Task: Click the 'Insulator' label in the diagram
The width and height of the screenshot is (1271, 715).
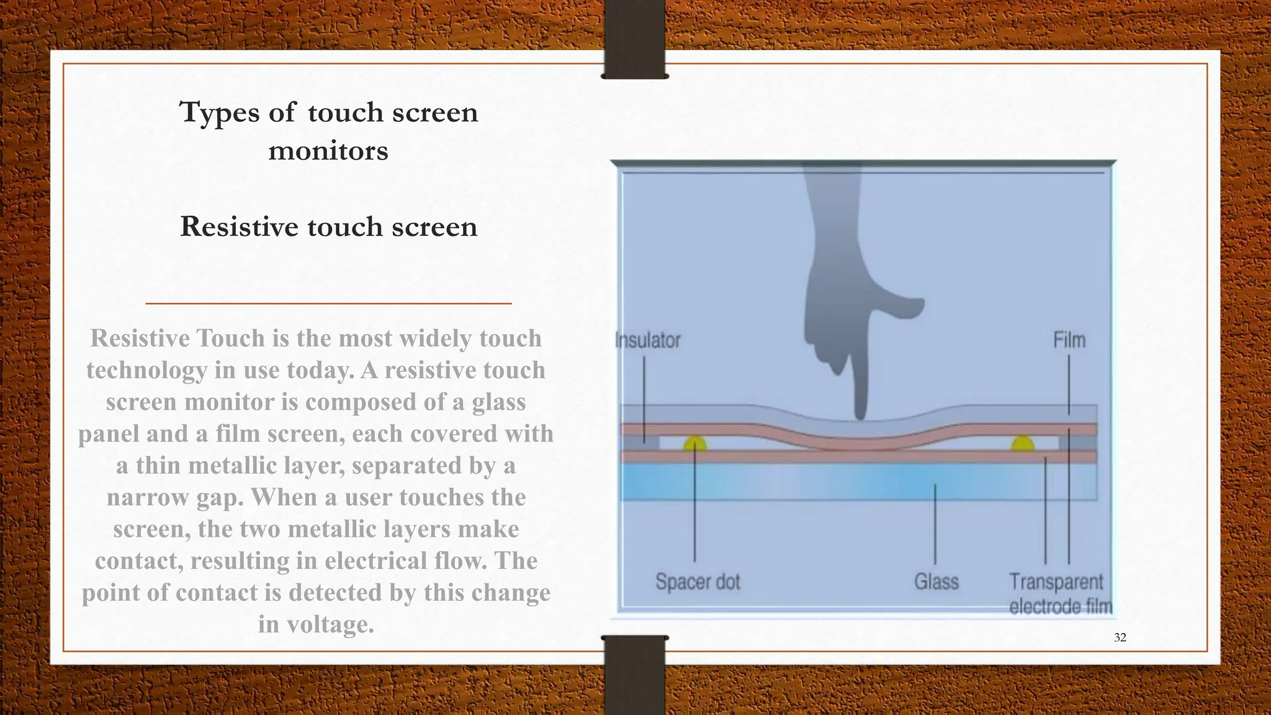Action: pos(647,340)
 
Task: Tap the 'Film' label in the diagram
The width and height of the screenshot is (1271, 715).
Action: pos(1069,340)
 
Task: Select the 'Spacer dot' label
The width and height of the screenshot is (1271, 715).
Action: pos(698,582)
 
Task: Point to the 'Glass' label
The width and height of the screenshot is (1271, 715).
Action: pos(936,582)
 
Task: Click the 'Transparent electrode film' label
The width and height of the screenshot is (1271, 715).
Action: pos(1059,594)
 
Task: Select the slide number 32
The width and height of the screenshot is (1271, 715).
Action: pos(1120,637)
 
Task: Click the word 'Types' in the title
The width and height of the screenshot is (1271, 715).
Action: pos(218,113)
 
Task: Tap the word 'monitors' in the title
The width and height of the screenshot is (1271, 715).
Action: pos(328,151)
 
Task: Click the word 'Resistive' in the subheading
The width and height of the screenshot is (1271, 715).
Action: pos(239,227)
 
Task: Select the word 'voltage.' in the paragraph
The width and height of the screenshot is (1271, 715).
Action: pos(330,624)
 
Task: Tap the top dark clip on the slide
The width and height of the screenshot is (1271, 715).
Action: pos(634,39)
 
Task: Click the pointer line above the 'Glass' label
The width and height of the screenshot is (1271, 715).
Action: pos(935,524)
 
